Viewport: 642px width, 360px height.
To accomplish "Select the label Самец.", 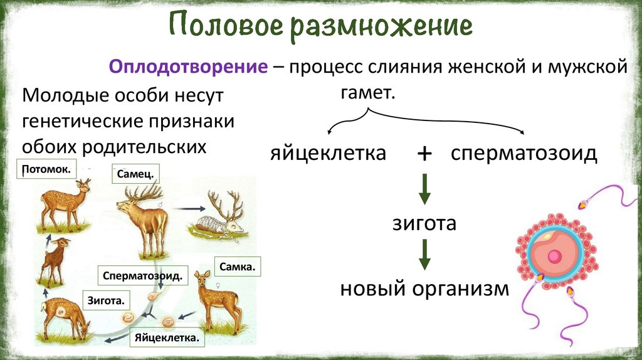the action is click(x=134, y=174).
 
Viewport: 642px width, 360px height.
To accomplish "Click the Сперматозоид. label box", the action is click(x=144, y=275).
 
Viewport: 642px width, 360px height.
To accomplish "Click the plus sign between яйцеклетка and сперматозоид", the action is click(x=424, y=154).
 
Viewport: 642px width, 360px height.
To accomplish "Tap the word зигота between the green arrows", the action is click(x=424, y=223).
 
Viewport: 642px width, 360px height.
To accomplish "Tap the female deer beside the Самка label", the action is click(x=213, y=301).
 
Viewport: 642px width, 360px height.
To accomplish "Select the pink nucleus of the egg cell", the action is click(x=554, y=257).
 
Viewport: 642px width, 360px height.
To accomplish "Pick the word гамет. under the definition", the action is click(x=368, y=94).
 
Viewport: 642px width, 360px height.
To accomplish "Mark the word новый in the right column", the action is click(x=372, y=289).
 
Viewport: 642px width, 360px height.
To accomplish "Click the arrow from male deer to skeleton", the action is click(x=189, y=209).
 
